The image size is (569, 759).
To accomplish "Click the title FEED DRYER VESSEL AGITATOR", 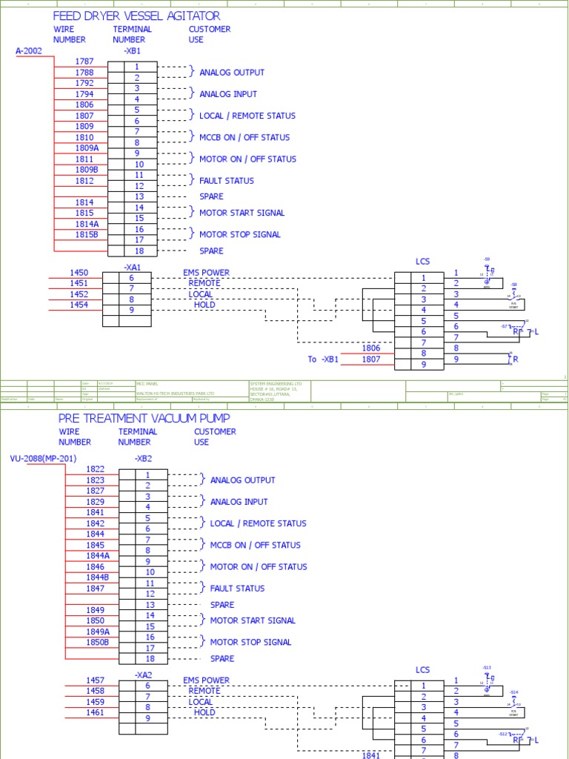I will point(136,16).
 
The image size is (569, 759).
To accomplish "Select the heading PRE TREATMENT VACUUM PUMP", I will point(144,418).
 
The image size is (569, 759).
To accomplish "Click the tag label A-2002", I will point(29,51).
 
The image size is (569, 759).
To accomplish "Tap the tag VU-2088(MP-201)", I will point(43,459).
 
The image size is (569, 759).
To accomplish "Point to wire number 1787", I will point(84,62).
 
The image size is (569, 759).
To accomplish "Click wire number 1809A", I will point(87,148).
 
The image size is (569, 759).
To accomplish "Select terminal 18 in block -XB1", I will point(136,251).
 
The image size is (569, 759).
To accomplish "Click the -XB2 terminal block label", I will point(143,459).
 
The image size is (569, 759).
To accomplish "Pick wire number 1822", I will point(96,469).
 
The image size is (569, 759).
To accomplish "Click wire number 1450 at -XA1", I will point(79,273).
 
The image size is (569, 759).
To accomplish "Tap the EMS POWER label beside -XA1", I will point(206,273).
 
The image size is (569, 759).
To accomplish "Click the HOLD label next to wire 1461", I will point(204,712).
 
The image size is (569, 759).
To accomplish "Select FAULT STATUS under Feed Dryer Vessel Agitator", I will point(227,181).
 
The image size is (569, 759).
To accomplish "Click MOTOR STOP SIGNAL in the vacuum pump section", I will point(250,643).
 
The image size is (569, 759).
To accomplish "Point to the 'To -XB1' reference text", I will point(323,359).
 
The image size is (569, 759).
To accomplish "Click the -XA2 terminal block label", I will point(143,675).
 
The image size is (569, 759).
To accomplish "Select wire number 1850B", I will point(97,642).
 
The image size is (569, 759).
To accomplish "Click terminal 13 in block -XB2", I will point(150,605).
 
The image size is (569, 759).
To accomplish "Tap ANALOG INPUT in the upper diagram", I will point(228,94).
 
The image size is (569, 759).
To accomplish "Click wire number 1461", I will point(95,712).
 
